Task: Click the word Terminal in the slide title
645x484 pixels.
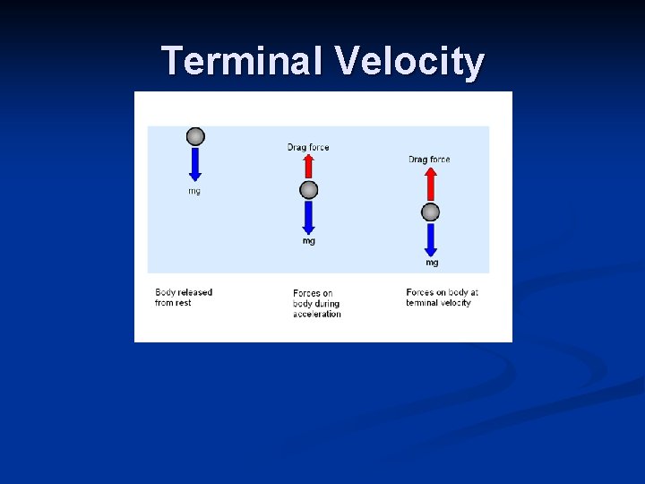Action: [x=244, y=62]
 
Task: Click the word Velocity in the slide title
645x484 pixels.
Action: [x=410, y=62]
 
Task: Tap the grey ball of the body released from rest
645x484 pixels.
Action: [x=195, y=136]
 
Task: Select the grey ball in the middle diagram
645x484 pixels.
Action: [x=308, y=190]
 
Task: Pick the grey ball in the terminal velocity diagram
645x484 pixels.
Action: [x=431, y=212]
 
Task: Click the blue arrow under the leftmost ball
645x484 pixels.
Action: [x=195, y=164]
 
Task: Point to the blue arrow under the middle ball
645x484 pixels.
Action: [x=308, y=217]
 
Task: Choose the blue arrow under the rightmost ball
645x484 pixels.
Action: [x=431, y=239]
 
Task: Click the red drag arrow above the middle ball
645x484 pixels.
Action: [x=308, y=166]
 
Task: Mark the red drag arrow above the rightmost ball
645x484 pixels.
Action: [x=431, y=186]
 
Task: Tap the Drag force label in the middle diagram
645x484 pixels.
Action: [x=308, y=147]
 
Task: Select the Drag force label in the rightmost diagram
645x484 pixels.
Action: [x=429, y=160]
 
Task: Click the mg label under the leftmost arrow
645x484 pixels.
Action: [x=194, y=191]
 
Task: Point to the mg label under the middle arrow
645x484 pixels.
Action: [x=308, y=241]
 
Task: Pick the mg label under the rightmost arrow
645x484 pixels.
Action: [x=432, y=263]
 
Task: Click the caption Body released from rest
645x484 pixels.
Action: [x=184, y=298]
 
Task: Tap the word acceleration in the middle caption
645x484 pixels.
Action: [x=317, y=314]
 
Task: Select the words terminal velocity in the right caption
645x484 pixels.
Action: [x=438, y=303]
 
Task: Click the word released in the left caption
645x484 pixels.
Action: [x=196, y=292]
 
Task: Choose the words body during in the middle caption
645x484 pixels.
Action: [x=316, y=304]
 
